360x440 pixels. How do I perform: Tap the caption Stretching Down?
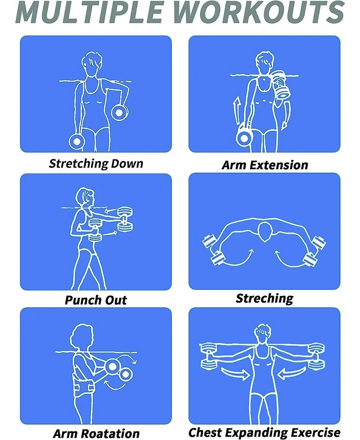pos(96,163)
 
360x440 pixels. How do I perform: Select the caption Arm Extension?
pos(265,165)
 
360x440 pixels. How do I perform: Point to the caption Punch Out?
pos(96,300)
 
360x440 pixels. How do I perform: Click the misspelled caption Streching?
pos(264,298)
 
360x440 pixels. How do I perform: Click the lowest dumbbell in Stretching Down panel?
pos(76,141)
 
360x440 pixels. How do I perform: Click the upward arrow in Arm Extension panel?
pos(235,110)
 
